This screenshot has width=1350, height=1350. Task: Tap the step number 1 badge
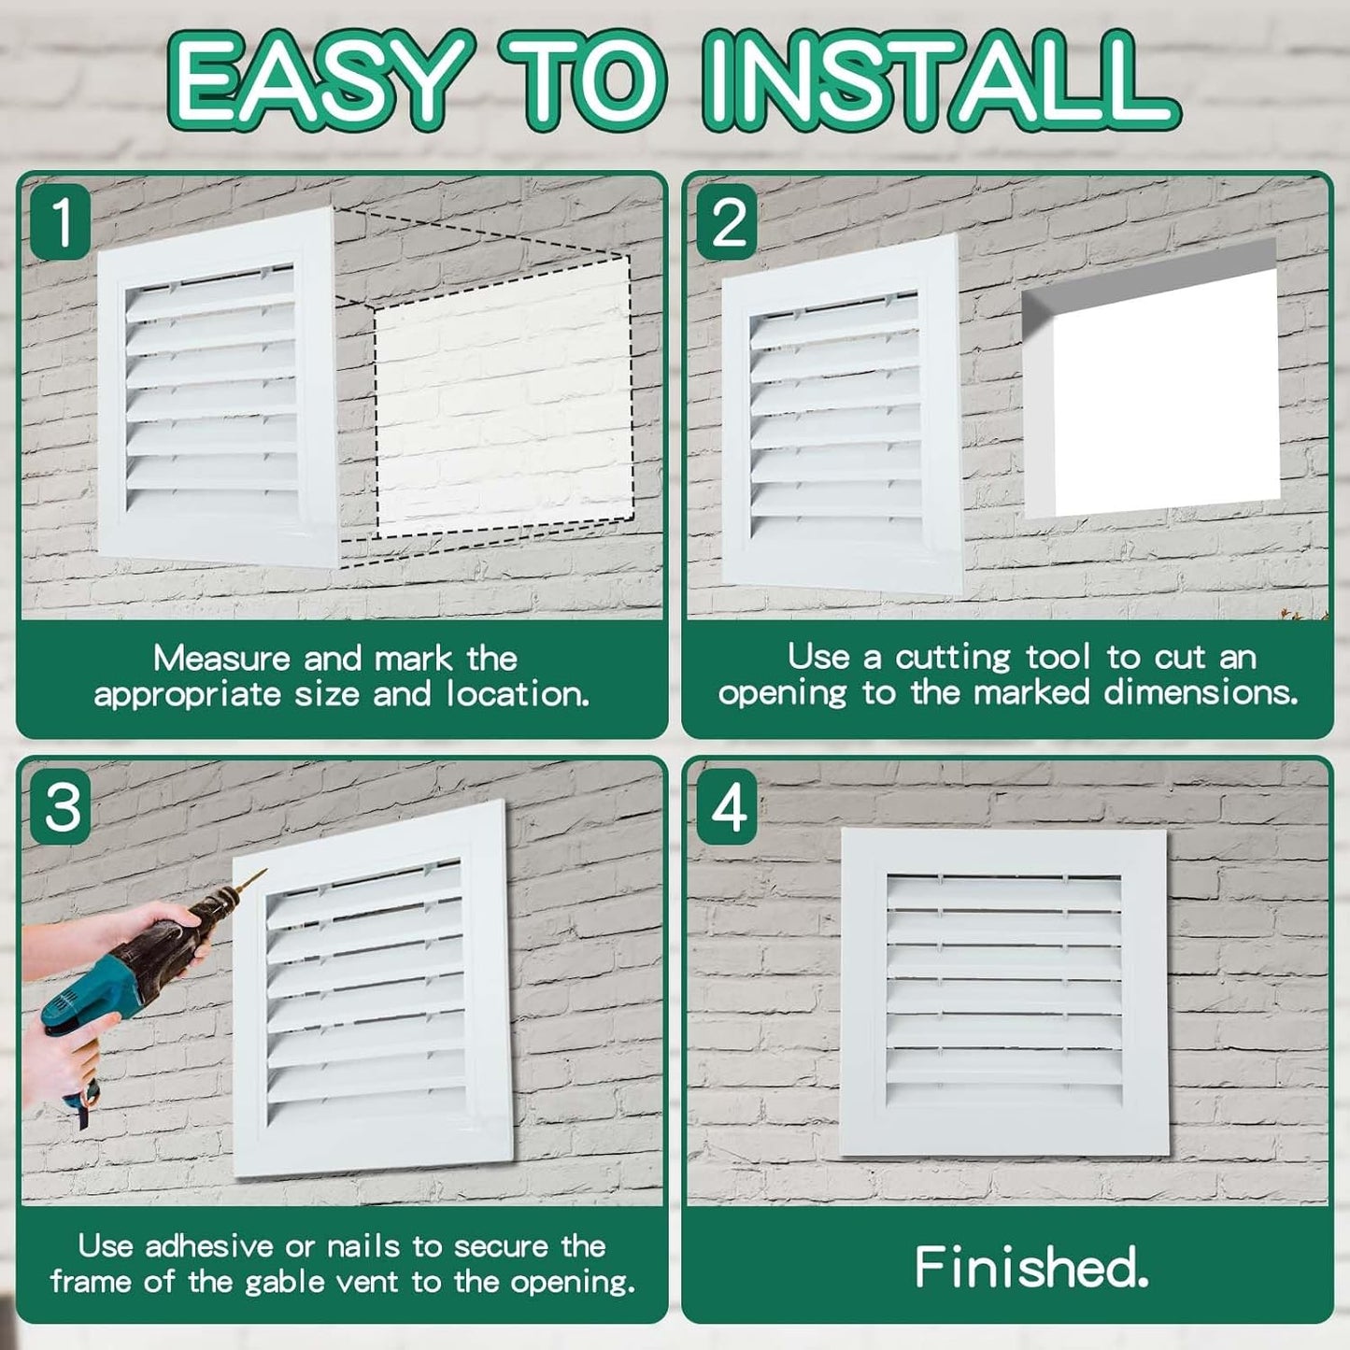(62, 222)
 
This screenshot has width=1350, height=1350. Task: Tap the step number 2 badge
(728, 222)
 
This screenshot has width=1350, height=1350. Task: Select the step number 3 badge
(62, 806)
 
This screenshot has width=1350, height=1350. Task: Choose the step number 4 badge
(728, 806)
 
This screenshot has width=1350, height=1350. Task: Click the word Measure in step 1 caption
(221, 659)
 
